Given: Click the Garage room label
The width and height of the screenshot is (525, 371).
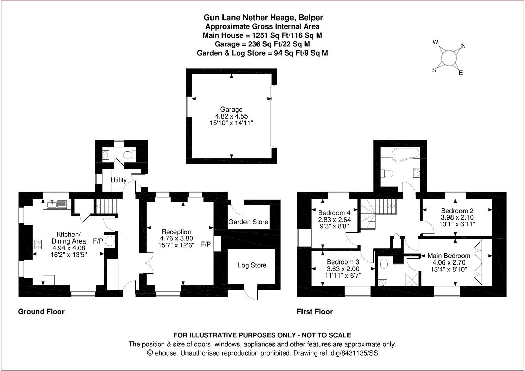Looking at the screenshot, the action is [x=231, y=110].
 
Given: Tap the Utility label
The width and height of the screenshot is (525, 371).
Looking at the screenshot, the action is [x=118, y=180].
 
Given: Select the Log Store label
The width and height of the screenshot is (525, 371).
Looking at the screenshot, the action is [x=252, y=265].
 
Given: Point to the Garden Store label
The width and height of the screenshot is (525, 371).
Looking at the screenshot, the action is [x=248, y=222].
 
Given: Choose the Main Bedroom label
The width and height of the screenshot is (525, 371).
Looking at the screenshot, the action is [x=448, y=256].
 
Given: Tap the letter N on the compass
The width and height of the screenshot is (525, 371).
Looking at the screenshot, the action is [x=463, y=46].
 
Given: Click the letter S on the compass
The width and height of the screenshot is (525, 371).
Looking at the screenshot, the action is [x=434, y=70].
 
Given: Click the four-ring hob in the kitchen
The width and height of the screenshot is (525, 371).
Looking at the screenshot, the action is [x=38, y=245].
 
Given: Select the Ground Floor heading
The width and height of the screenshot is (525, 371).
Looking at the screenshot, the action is [x=41, y=312].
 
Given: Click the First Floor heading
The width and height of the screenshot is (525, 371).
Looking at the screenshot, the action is [x=315, y=312].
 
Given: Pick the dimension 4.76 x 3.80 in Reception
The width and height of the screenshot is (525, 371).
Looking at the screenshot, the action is [x=176, y=238].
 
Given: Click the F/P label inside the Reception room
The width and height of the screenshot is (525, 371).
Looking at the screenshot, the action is [x=206, y=244].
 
